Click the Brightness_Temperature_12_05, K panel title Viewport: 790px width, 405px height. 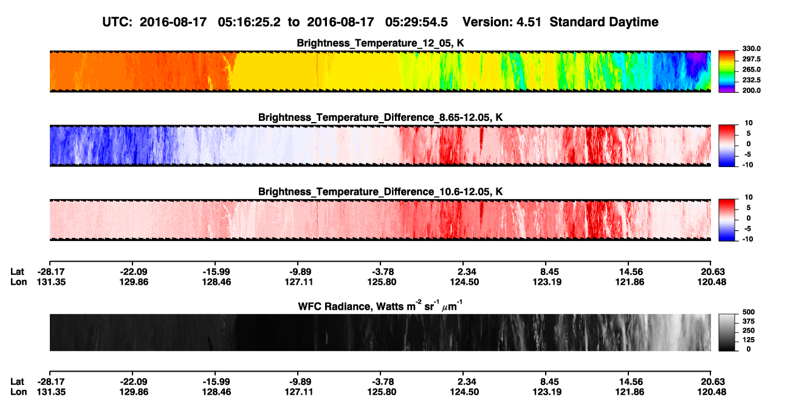(x=380, y=43)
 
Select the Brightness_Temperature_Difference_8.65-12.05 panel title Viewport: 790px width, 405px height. (x=380, y=117)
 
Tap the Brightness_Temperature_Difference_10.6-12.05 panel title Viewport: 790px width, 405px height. (x=380, y=192)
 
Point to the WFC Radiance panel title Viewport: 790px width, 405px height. (x=380, y=306)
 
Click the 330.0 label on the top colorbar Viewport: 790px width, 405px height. (x=751, y=49)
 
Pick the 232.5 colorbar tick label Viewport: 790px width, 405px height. (x=751, y=80)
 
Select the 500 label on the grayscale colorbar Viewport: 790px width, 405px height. (x=749, y=312)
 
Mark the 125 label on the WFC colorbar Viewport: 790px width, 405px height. (x=749, y=340)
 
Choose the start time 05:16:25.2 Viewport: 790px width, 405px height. (x=249, y=22)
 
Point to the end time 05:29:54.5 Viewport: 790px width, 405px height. (x=416, y=22)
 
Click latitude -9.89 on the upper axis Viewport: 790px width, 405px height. (x=298, y=272)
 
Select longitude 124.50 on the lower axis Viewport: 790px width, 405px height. (x=464, y=392)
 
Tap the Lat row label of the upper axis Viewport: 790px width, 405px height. (x=17, y=272)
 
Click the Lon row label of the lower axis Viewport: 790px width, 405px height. (x=19, y=392)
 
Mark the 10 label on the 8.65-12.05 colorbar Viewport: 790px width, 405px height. (x=749, y=123)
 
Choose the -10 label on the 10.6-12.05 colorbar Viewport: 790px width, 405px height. (x=747, y=239)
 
